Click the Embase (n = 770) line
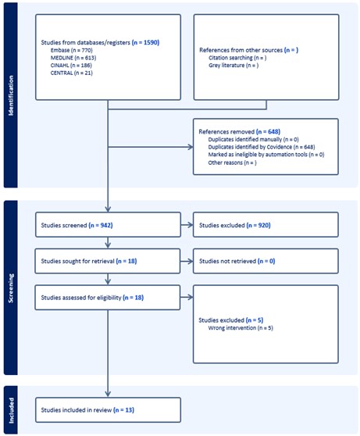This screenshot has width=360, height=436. (71, 50)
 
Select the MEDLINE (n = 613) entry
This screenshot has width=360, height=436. (73, 58)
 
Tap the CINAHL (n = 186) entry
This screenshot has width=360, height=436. (71, 66)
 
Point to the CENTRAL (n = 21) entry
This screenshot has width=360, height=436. (71, 73)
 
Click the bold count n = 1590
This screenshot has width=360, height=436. (146, 42)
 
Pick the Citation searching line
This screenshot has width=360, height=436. (237, 58)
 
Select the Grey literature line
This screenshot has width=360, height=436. (233, 66)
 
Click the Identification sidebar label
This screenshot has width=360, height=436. (11, 95)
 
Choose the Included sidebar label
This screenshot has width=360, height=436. (11, 410)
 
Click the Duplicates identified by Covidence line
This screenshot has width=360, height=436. (262, 147)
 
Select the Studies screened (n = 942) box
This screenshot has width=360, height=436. (108, 225)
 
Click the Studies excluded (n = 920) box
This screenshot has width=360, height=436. (266, 225)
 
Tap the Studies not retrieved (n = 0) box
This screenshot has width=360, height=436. (266, 261)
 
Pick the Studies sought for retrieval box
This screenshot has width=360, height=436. (108, 261)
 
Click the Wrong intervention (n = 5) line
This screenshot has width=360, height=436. (241, 328)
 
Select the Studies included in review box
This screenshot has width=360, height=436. (108, 410)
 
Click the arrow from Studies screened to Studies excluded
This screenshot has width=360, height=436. (187, 225)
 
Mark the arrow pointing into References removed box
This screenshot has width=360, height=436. (151, 147)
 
